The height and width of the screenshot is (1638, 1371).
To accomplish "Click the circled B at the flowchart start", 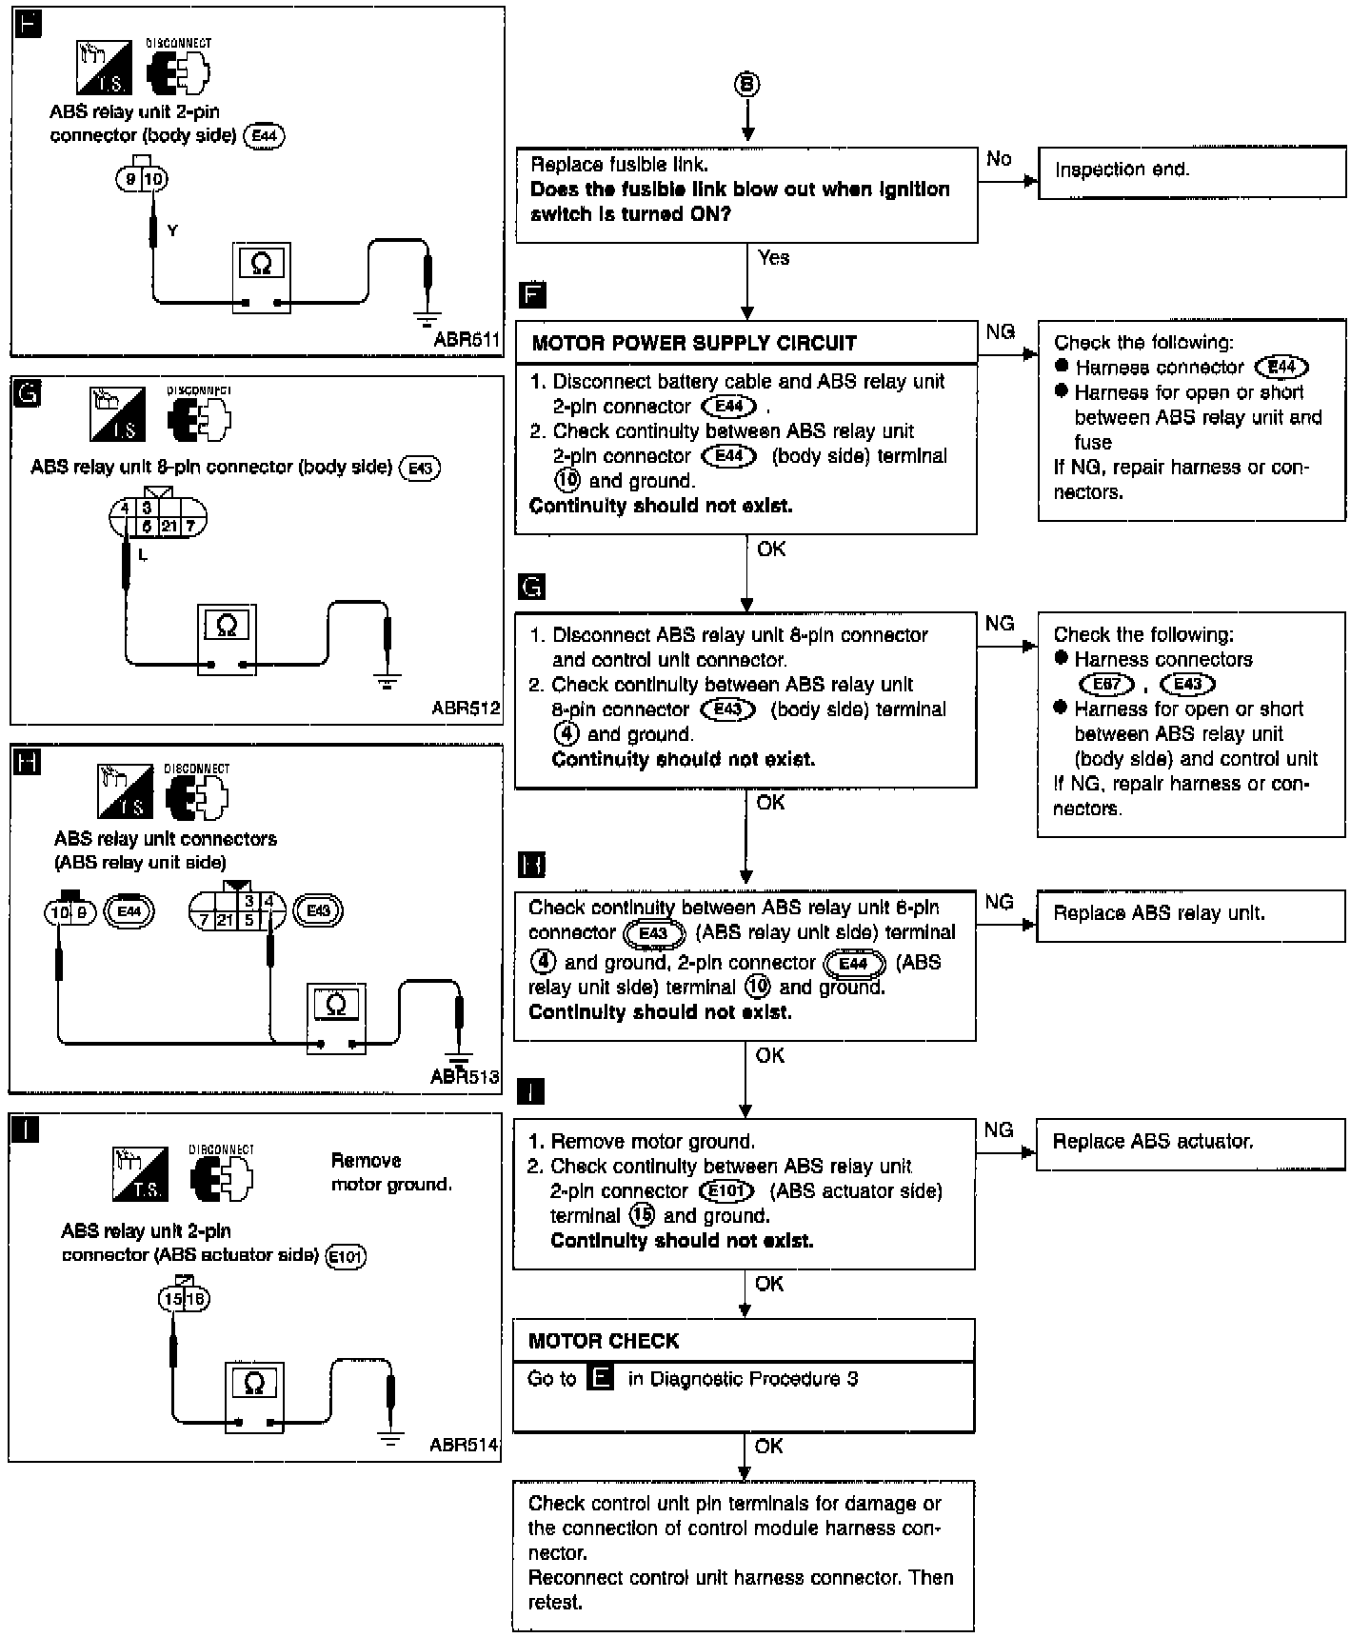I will coord(747,86).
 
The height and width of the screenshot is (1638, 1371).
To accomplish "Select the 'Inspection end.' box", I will coord(1191,171).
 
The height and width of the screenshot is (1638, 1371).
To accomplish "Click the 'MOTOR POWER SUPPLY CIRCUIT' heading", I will coord(694,343).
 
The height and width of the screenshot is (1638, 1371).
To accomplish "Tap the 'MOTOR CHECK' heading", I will coord(604,1341).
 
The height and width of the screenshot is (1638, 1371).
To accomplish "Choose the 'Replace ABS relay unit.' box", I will coord(1190,914).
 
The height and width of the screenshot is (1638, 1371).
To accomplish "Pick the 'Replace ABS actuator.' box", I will coord(1190,1142).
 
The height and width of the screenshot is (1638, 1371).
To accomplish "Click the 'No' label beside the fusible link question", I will coord(999,159).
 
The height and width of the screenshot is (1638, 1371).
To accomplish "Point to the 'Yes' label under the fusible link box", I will coord(773,257).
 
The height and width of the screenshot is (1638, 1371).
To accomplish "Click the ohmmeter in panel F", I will coord(261,277).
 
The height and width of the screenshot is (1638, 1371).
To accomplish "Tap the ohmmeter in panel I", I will coord(254,1397).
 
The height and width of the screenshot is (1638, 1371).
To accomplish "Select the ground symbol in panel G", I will coord(387,681).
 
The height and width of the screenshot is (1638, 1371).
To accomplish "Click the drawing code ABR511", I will coord(467,338).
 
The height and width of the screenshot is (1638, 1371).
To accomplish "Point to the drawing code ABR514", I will coord(464,1445).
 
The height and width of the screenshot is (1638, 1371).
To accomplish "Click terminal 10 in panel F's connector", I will coord(155,178).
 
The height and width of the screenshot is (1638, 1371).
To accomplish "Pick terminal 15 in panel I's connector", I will coord(172,1298).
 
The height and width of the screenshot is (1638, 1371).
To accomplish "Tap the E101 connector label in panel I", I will coord(346,1256).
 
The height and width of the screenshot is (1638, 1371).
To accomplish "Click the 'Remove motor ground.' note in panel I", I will coord(390,1172).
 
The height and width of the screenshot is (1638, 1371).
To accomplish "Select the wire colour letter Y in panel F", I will coord(172,230).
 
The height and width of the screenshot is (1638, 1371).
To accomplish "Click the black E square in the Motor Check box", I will coord(601,1378).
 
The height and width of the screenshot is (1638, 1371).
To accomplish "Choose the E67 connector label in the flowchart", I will coord(1107,684).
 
